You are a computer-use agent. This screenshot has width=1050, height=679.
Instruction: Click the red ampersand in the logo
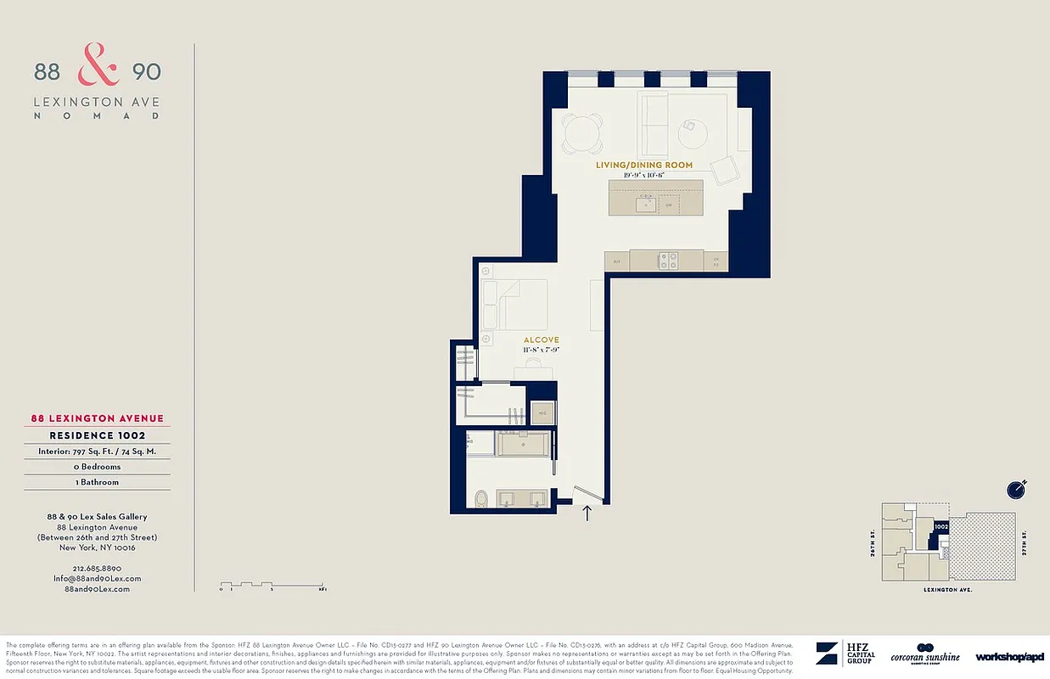[x=98, y=66]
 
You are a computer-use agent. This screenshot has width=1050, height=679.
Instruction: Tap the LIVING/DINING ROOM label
[x=643, y=165]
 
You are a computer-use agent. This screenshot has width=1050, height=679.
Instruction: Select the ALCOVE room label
[x=541, y=339]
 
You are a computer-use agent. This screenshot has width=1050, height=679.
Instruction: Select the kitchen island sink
[x=649, y=203]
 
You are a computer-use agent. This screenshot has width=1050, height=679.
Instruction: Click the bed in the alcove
[x=513, y=304]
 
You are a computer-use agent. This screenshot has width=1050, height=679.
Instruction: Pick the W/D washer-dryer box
[x=542, y=413]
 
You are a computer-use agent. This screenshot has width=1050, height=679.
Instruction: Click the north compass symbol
[x=1015, y=490]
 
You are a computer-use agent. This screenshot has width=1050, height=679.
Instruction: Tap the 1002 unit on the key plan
[x=940, y=527]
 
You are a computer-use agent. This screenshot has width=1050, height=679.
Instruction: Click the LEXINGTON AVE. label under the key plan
[x=948, y=588]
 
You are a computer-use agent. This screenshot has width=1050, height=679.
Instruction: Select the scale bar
[x=272, y=586]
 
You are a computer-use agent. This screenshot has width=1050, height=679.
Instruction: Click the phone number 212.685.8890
[x=97, y=568]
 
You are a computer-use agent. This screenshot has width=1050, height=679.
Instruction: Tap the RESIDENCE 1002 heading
[x=97, y=435]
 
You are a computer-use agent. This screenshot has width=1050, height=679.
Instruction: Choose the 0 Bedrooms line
[x=97, y=467]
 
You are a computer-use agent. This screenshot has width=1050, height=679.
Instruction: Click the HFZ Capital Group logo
[x=845, y=654]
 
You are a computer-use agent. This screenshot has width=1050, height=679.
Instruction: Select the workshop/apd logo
[x=1009, y=657]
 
